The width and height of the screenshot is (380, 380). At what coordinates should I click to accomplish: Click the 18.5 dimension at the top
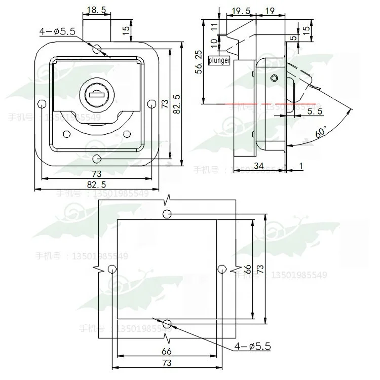[x=96, y=10]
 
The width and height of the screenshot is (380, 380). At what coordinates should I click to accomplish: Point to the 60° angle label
[x=320, y=133]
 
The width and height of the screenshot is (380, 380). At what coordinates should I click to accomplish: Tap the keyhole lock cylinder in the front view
[x=95, y=94]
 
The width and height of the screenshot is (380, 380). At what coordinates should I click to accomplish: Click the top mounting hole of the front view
[x=97, y=49]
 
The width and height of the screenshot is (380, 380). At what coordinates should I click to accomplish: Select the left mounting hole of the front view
[x=42, y=104]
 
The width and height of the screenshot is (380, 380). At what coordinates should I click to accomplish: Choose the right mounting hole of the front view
[x=151, y=104]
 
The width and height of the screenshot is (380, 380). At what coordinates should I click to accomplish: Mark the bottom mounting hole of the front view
[x=97, y=159]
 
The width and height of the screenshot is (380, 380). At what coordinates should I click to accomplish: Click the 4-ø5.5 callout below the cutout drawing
[x=252, y=347]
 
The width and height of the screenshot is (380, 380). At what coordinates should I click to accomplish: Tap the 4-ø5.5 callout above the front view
[x=57, y=31]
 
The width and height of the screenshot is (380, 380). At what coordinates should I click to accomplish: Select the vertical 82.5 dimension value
[x=175, y=104]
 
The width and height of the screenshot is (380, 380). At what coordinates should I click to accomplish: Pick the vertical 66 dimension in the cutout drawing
[x=248, y=269]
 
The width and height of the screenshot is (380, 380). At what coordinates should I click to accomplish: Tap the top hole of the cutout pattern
[x=167, y=214]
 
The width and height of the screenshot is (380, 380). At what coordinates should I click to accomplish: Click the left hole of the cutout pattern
[x=111, y=270]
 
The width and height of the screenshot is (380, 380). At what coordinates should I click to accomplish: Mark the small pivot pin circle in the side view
[x=274, y=78]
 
